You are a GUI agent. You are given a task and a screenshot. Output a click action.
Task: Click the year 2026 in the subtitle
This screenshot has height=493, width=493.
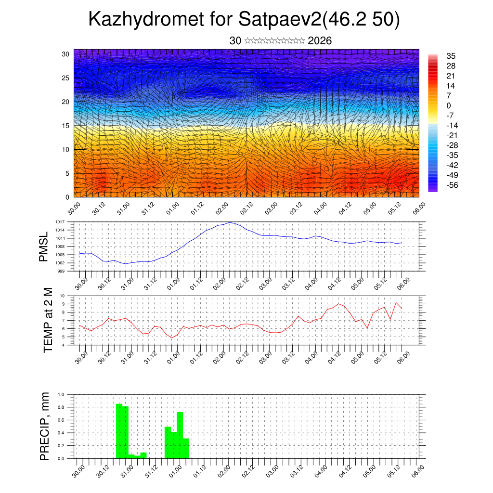tap(320, 41)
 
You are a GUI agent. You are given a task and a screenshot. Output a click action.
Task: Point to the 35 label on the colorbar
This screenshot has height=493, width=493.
tap(451, 56)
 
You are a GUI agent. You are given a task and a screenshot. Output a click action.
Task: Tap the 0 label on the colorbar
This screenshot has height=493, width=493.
tap(449, 105)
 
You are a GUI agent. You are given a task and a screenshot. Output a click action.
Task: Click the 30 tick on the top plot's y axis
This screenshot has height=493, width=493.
tap(66, 54)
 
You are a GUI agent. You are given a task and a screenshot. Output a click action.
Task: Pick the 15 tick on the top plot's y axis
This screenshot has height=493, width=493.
tap(66, 126)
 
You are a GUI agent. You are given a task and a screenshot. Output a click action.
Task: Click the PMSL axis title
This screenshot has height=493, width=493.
tap(44, 246)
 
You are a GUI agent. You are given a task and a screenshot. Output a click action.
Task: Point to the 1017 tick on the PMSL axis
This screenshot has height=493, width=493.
tap(60, 222)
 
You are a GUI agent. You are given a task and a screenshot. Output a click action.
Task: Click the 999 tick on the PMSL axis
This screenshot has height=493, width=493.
tap(61, 271)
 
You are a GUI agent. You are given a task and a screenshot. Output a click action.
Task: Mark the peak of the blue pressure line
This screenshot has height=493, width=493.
tap(230, 222)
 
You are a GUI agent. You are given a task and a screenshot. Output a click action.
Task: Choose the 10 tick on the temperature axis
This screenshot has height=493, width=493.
tap(63, 296)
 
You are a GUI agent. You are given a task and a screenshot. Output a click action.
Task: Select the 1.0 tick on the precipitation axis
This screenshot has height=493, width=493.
tap(61, 394)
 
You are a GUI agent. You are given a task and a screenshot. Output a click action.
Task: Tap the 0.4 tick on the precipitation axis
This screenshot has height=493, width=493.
tap(61, 433)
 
